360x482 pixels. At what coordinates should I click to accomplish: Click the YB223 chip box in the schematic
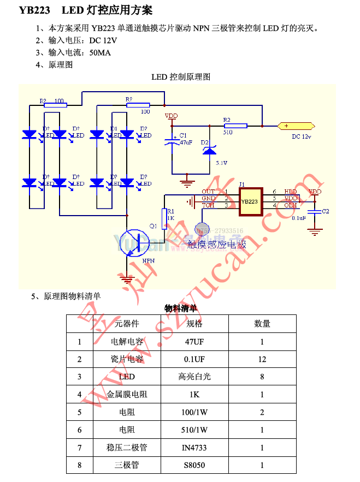250,200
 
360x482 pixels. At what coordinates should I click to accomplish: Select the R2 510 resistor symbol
235,126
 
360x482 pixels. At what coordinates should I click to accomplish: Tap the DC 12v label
301,136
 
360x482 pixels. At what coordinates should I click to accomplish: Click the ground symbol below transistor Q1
127,280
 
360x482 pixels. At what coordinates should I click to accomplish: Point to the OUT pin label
208,192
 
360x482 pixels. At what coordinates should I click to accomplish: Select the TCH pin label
208,205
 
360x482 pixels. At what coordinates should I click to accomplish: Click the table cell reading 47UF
194,342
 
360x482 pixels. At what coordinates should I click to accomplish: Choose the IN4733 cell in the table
194,448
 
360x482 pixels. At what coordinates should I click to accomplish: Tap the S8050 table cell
194,465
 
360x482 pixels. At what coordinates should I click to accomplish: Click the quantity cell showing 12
262,359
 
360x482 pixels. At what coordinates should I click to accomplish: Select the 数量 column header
262,324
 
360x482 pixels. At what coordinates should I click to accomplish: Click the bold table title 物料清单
181,308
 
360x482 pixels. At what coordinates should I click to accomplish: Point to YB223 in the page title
34,10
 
